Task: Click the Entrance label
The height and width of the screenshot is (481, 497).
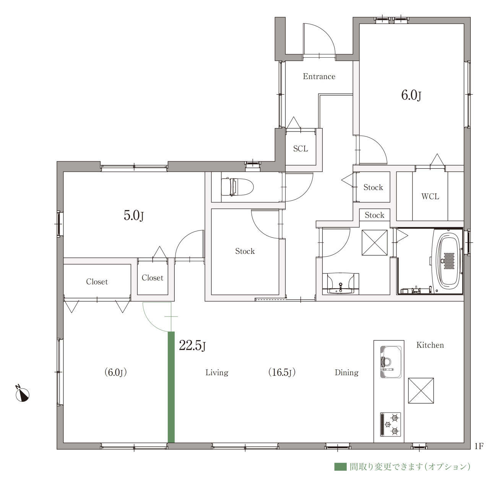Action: coord(319,76)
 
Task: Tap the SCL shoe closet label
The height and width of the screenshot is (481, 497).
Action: coord(300,148)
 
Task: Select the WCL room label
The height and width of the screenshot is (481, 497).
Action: coord(430,197)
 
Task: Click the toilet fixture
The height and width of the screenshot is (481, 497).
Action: coord(237,187)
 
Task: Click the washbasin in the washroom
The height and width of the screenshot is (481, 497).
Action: coord(340,284)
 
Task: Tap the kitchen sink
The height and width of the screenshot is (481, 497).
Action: coord(391,362)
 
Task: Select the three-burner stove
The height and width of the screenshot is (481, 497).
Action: coord(390,424)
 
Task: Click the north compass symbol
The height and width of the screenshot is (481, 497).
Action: coord(22,394)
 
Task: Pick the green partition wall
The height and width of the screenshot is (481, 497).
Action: coord(171,387)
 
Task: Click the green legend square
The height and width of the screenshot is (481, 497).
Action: coord(340,467)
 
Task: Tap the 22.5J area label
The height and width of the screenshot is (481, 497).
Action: coord(192,345)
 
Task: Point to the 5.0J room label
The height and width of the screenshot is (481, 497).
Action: coord(133,215)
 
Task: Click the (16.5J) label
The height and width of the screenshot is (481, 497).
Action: coord(282,372)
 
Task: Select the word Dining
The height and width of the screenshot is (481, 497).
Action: coord(347,373)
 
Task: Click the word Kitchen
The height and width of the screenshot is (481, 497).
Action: coord(430,345)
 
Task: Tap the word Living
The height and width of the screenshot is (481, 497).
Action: coord(217,373)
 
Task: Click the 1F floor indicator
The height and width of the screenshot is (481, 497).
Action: coord(479,446)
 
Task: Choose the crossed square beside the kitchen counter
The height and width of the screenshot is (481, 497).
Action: coord(421,390)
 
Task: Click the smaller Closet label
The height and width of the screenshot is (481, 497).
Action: coord(153,278)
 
